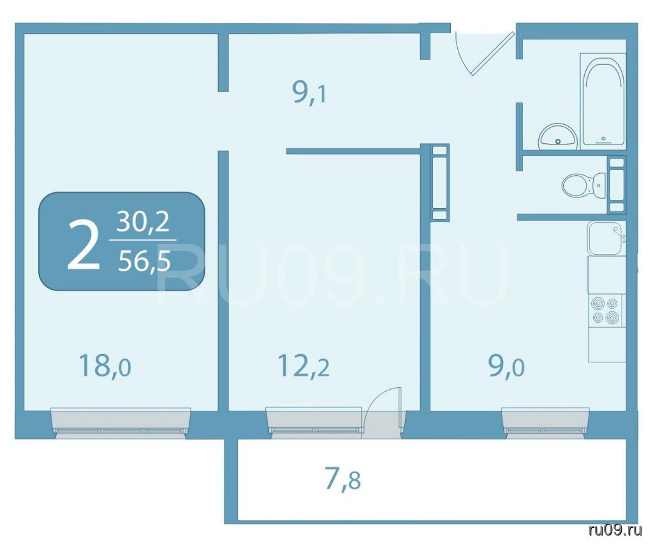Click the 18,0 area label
pos(105,366)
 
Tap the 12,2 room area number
pos(304,366)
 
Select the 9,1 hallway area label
pos(310,92)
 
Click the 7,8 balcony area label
pos(342,480)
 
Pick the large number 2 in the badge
pos(84,246)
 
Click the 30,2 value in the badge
pos(143,222)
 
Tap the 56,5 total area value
pos(144,262)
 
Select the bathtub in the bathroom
pos(603,99)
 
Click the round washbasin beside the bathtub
pos(557,136)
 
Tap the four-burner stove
pos(606,310)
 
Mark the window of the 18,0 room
pos(121,422)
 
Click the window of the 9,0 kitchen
pos(546,421)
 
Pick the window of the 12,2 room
pos(314,421)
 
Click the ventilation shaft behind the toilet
pos(617,185)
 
